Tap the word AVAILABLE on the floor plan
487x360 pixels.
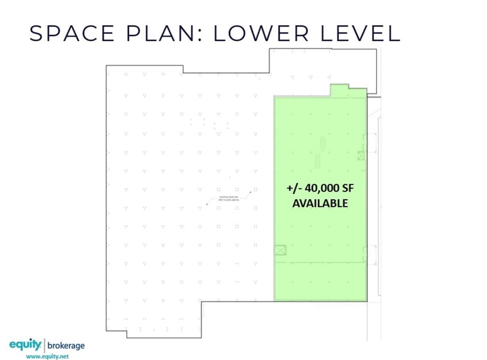click(x=320, y=203)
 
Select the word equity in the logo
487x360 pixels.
click(x=25, y=345)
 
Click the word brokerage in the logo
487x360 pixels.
click(x=66, y=345)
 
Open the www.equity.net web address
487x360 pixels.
click(x=47, y=356)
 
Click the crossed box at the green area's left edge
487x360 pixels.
click(x=280, y=250)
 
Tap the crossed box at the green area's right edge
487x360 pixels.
click(x=361, y=156)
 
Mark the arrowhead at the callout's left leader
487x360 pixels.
click(x=207, y=204)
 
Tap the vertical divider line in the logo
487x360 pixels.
click(x=44, y=345)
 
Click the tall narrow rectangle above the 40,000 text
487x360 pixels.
click(x=322, y=143)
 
